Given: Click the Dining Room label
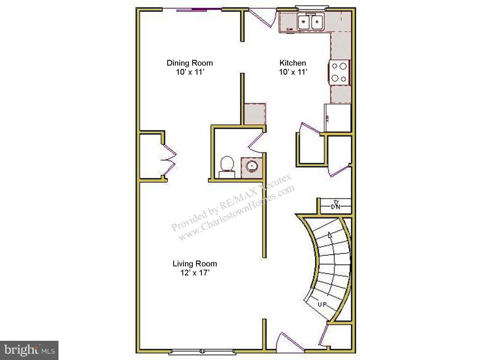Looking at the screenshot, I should coord(189,63).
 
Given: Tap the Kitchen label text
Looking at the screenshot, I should coord(292,63).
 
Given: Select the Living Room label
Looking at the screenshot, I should coord(195,264).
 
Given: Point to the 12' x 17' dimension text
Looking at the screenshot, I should coord(195,273).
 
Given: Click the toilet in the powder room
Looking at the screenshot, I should coord(227,166).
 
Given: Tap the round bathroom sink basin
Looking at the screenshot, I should coord(252,166).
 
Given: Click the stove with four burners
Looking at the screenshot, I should coord(339,72).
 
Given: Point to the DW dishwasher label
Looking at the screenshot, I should coord(290,29).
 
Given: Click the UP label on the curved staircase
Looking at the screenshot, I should coord(322,305).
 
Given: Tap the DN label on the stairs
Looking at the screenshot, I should coord(336,206).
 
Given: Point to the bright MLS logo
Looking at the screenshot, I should coord(29,350).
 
